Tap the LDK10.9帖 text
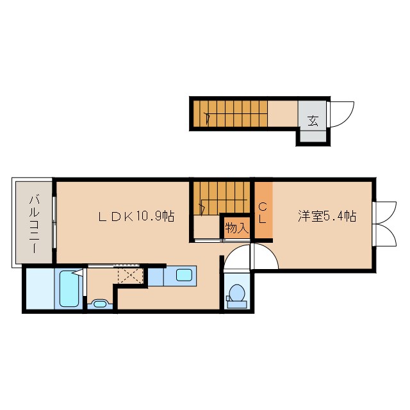(136, 217)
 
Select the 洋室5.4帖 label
(326, 217)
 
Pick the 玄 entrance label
(313, 120)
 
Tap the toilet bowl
(236, 293)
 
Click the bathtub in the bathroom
(69, 289)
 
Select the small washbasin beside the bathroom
(99, 304)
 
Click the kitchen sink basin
(184, 276)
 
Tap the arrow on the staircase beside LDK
(202, 207)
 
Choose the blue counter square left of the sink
(156, 276)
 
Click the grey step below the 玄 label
(313, 135)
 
